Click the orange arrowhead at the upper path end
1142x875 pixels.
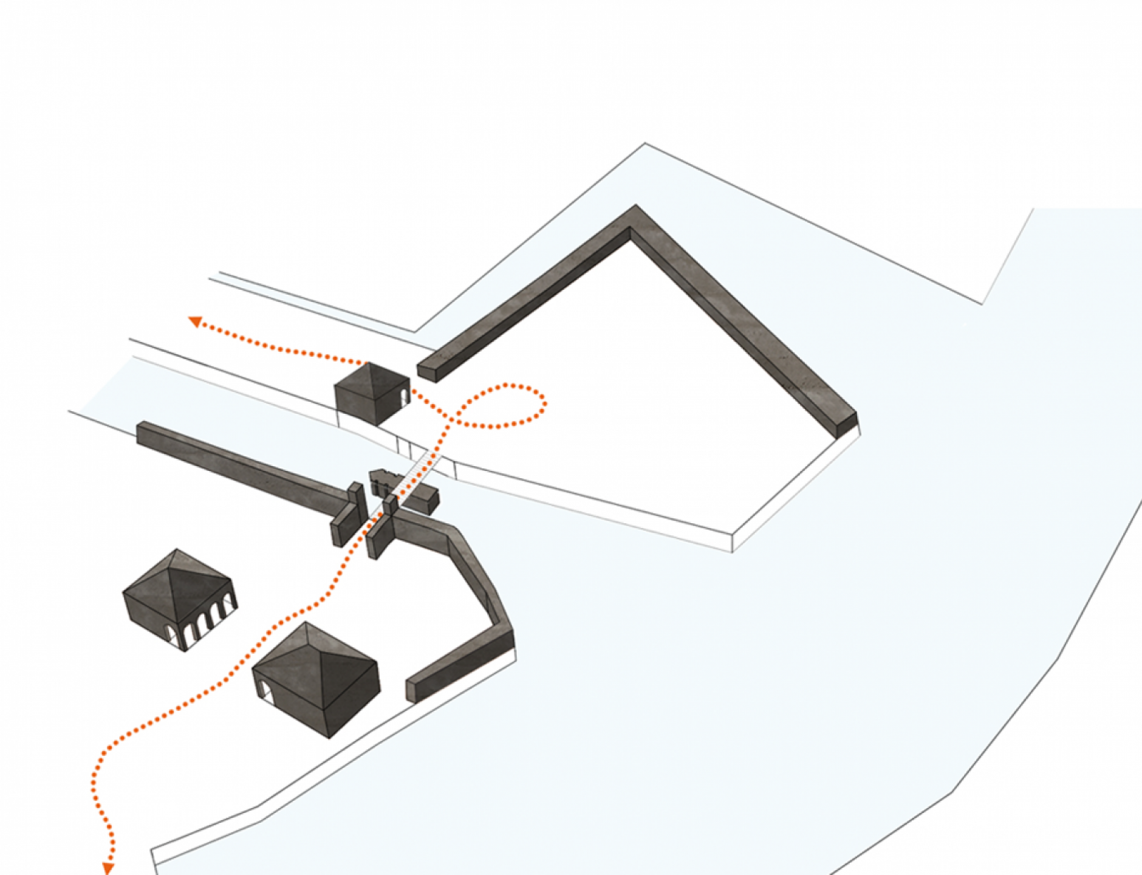click(x=195, y=321)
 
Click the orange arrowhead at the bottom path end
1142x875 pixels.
click(x=109, y=868)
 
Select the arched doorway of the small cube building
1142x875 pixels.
click(x=404, y=398)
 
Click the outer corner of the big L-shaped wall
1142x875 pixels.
click(x=635, y=210)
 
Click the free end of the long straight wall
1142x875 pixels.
click(x=142, y=430)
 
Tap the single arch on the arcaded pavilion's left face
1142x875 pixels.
click(x=174, y=634)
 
